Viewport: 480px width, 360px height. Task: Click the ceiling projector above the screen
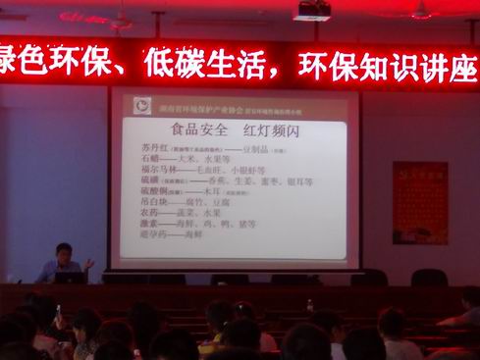312,10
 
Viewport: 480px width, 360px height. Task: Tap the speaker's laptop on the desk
70,278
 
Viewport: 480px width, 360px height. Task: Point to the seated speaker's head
64,251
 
